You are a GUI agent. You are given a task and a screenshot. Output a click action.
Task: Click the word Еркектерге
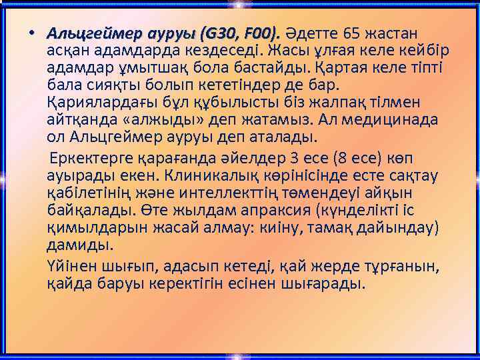tap(94, 159)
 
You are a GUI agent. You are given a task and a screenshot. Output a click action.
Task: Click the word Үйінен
tap(72, 267)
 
